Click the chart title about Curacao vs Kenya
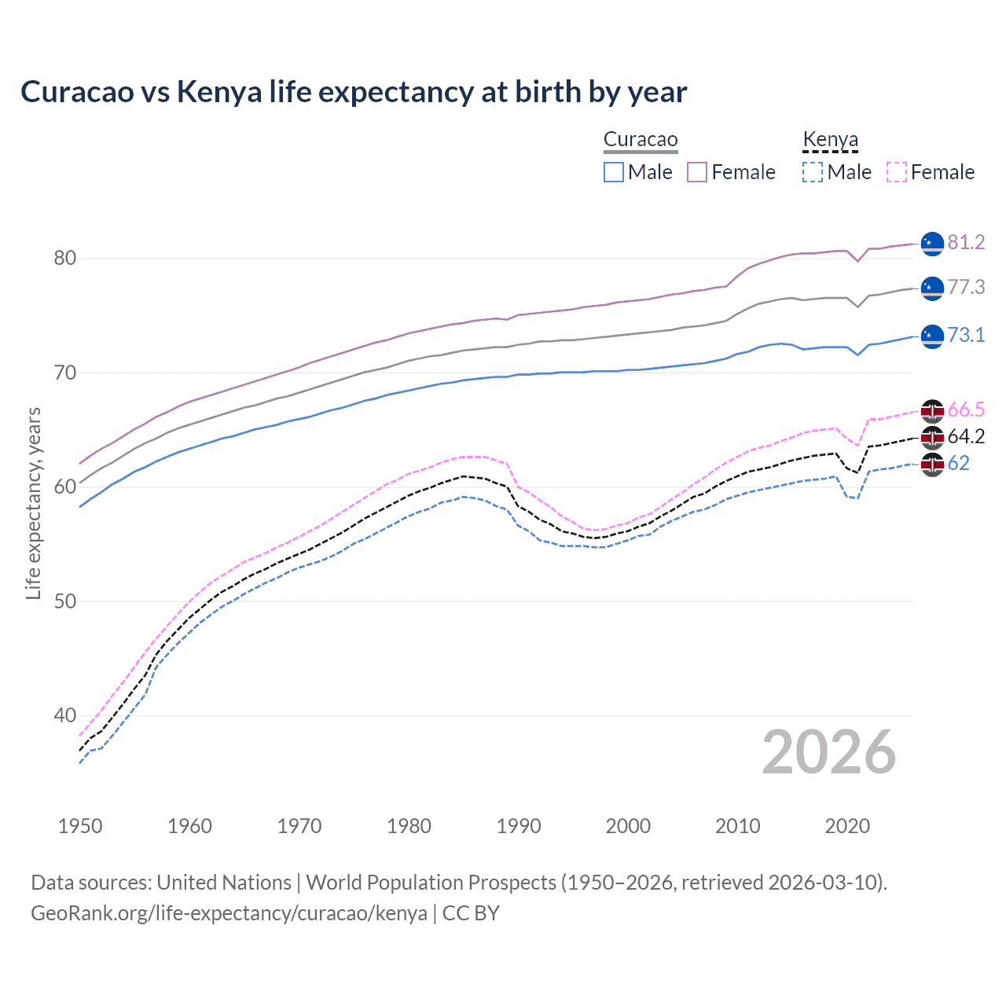354,92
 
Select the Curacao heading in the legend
641,140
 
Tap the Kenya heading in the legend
830,140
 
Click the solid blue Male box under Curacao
614,172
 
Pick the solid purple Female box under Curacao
697,172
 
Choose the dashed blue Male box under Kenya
813,172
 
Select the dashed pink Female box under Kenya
897,172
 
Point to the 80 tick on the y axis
65,258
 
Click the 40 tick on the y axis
65,715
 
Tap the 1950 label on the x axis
80,826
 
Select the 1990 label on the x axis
519,826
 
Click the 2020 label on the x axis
847,826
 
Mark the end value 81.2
966,242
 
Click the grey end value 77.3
966,288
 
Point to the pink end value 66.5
966,409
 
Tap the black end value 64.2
966,436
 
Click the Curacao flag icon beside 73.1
932,336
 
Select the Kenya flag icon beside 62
932,464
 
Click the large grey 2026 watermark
829,752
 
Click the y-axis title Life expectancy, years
33,503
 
